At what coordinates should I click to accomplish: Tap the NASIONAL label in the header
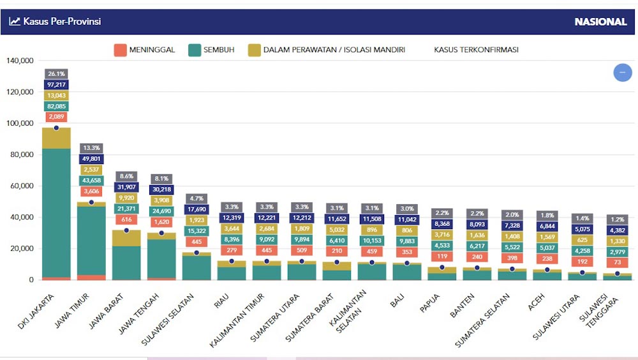600,22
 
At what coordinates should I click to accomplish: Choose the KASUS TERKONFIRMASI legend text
476,50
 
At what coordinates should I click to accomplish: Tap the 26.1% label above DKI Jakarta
56,74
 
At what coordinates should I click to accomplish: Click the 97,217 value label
56,85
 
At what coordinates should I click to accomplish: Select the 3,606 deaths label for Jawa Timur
91,191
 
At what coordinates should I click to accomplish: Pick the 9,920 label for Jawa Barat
126,198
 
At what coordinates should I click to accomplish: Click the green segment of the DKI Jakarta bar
56,211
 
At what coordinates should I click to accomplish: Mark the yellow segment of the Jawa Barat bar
126,237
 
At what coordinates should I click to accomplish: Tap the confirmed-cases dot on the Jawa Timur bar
91,202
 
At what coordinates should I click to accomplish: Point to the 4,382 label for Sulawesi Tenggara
617,230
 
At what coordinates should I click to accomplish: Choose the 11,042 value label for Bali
406,220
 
